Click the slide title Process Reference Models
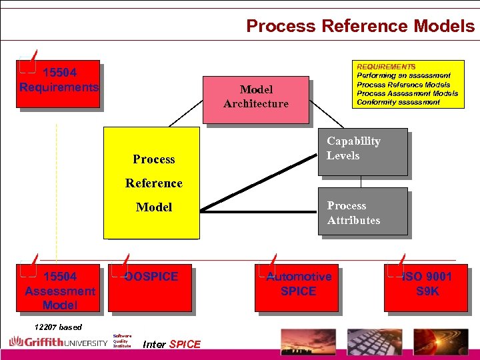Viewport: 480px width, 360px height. coord(360,25)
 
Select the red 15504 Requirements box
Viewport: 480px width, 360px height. coord(59,84)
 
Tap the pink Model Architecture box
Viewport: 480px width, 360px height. coord(256,100)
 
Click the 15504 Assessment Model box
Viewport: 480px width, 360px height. coord(60,288)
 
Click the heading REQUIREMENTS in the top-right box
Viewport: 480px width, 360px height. coord(386,67)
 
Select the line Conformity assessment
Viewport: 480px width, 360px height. coord(398,102)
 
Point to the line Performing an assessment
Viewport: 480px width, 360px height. coord(403,75)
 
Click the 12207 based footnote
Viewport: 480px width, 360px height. coord(58,327)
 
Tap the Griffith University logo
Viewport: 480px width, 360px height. coord(58,343)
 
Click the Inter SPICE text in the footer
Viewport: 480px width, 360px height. coord(171,345)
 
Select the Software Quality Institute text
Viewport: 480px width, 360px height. coord(122,341)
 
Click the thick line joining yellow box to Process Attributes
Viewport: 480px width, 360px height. coord(260,211)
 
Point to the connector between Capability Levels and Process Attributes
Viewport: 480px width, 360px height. coord(361,181)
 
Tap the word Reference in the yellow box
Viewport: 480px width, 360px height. coord(154,183)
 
